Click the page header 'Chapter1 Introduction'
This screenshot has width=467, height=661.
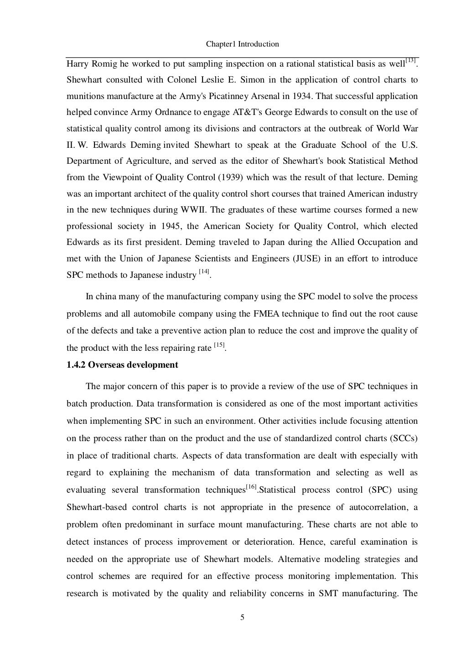[x=242, y=44]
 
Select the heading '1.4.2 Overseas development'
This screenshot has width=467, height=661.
[x=122, y=365]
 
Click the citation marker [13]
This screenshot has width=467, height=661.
[x=410, y=61]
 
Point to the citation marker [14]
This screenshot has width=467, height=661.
[x=204, y=272]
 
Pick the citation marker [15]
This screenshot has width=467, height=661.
[x=219, y=345]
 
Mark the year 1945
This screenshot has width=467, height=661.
[x=171, y=226]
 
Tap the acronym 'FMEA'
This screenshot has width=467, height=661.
[x=263, y=313]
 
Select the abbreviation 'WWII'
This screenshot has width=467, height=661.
[x=192, y=210]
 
